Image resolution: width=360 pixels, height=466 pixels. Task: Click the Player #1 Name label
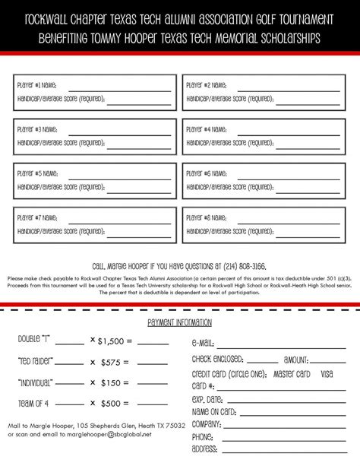click(x=37, y=86)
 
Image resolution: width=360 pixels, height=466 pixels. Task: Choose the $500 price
click(x=112, y=403)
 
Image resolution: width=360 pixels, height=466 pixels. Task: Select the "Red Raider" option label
click(x=35, y=360)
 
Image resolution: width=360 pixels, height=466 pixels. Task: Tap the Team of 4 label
click(x=33, y=403)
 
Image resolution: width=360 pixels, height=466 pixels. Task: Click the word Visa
click(x=327, y=374)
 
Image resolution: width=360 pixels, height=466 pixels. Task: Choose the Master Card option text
click(x=292, y=374)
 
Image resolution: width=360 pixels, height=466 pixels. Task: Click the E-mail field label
click(x=204, y=343)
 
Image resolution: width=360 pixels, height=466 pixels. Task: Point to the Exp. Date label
click(x=207, y=399)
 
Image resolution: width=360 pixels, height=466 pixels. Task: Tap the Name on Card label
click(x=216, y=411)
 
